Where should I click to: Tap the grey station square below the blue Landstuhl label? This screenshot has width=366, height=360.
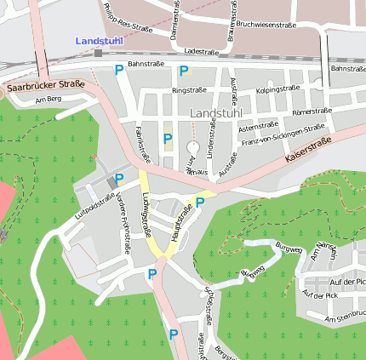[99, 53]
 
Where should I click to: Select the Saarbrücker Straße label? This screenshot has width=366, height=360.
[44, 85]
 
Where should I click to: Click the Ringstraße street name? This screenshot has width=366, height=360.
[189, 89]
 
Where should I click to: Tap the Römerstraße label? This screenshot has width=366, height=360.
[312, 111]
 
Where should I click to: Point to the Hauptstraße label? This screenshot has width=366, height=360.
[181, 220]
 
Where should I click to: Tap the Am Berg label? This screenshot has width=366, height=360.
[49, 100]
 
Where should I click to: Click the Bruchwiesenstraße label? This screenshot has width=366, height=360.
[266, 26]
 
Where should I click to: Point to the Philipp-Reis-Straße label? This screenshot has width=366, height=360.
[122, 18]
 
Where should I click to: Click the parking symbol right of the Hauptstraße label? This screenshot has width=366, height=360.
[200, 202]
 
